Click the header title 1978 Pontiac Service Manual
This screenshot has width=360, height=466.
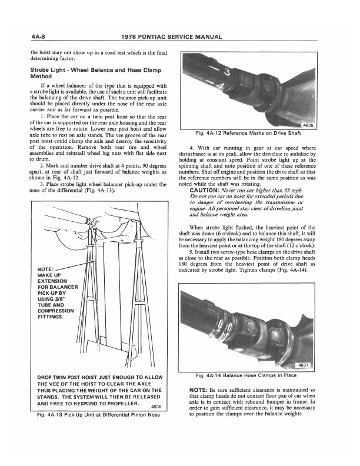click(x=180, y=37)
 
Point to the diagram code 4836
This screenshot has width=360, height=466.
click(x=156, y=407)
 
